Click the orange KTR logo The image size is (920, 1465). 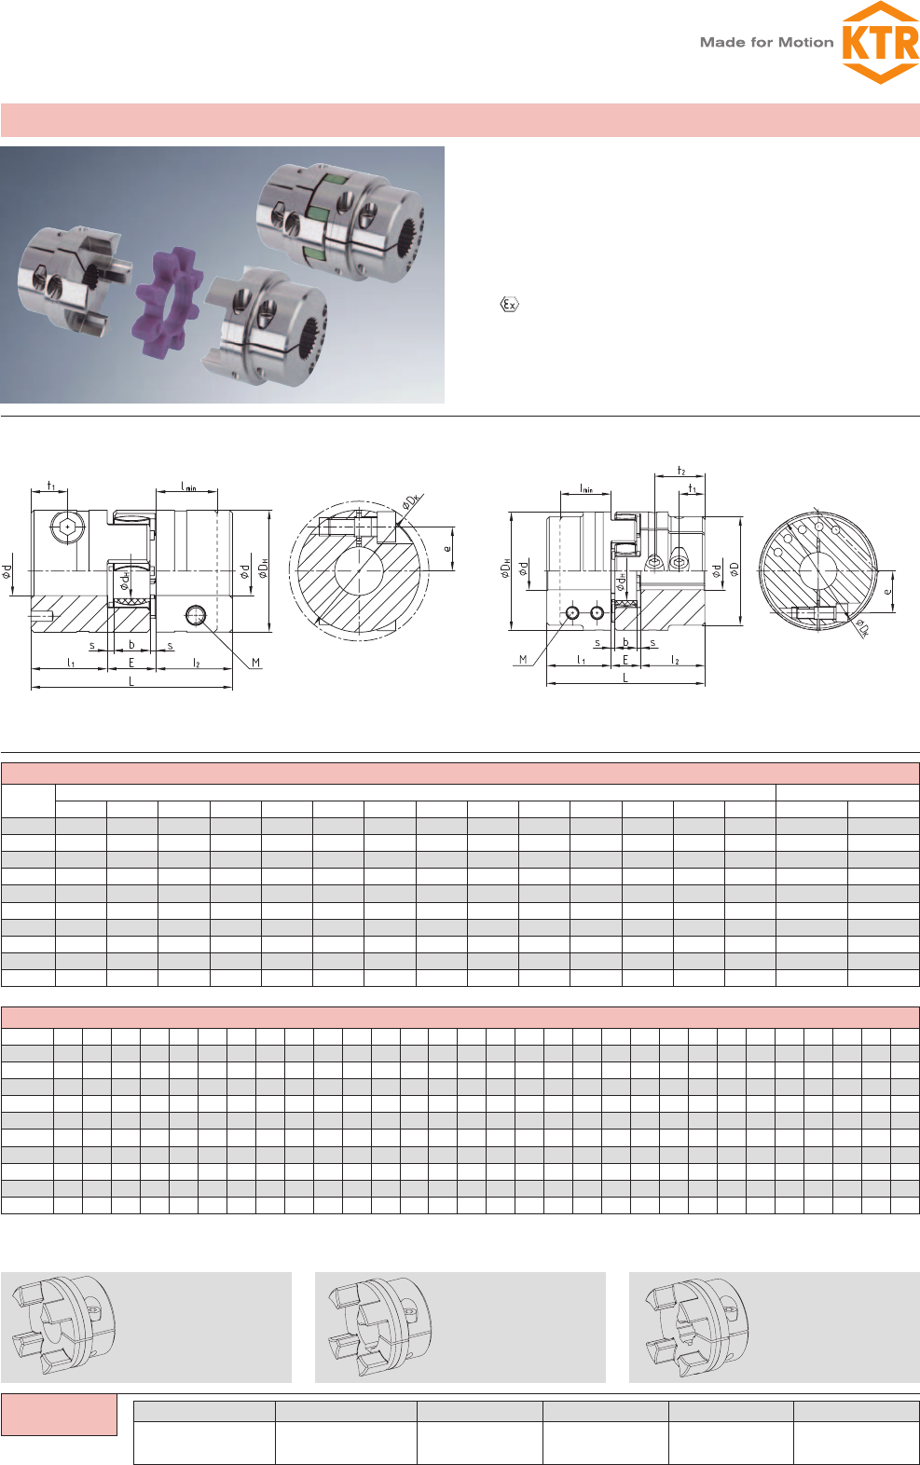[880, 43]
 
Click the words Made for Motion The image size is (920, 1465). [766, 43]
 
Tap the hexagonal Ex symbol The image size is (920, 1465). [509, 304]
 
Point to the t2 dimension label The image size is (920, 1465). [681, 471]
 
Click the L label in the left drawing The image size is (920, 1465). [130, 681]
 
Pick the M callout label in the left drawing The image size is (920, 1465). [255, 663]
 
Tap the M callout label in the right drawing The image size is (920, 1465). [523, 659]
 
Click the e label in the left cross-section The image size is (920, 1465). [447, 548]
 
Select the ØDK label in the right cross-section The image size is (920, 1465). [862, 628]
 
